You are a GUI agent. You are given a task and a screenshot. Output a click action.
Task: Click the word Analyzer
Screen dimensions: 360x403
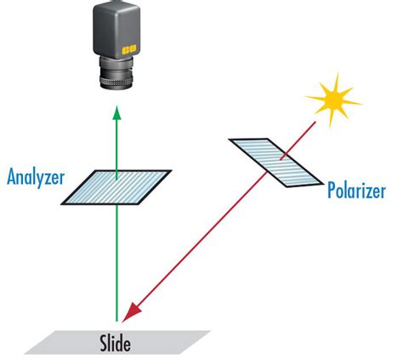point(36,178)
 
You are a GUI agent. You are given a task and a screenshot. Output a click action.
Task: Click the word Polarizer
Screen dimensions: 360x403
point(361,189)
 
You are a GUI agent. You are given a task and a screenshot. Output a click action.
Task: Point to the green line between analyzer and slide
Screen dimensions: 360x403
point(117,255)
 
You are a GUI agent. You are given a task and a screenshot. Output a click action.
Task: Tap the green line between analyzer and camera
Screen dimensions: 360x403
point(117,145)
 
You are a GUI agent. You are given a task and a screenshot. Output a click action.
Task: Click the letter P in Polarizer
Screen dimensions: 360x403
point(332,189)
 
